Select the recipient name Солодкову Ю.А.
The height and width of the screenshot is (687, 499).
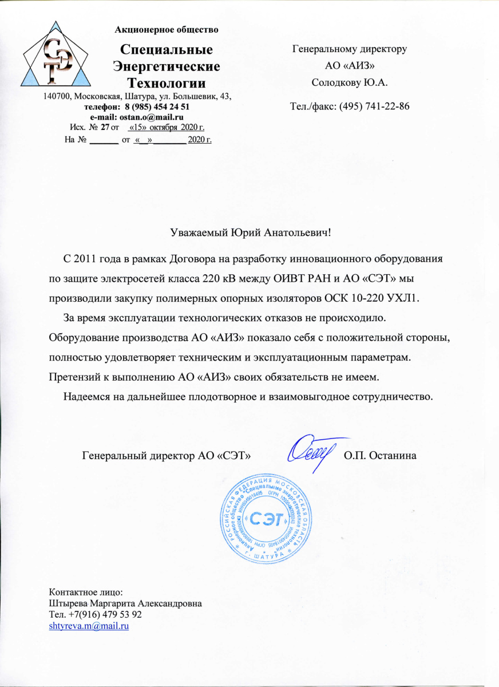pos(349,82)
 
